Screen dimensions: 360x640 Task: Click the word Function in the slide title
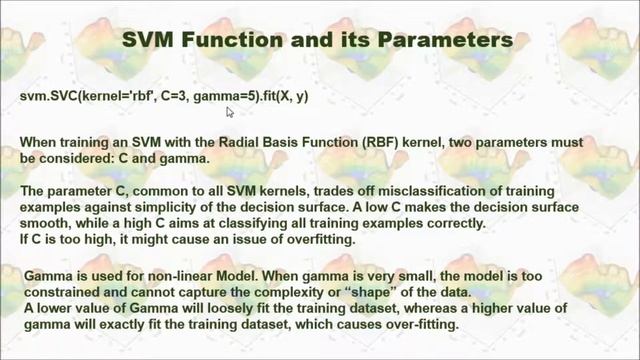click(238, 41)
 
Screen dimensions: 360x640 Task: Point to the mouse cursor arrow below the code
click(230, 112)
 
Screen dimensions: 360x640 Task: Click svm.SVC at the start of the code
click(43, 96)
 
